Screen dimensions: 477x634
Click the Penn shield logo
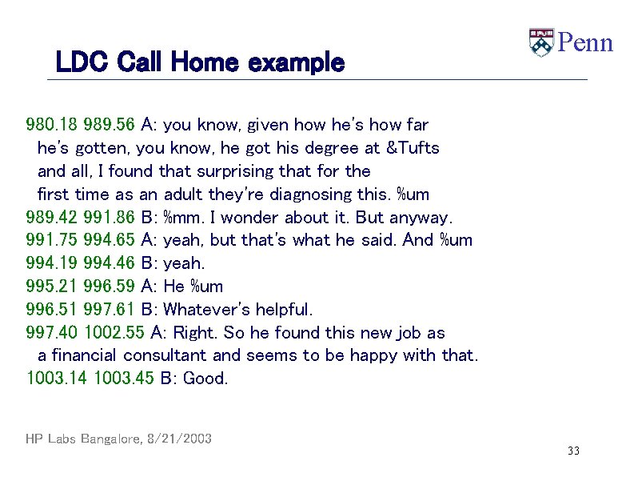click(541, 42)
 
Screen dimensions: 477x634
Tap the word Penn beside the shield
click(584, 42)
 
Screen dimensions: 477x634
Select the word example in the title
click(297, 62)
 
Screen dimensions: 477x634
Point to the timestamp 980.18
click(51, 125)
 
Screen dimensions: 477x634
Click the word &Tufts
click(413, 148)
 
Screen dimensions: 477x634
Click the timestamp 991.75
click(51, 240)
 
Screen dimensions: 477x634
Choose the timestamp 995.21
click(51, 287)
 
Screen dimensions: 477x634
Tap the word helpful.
click(285, 310)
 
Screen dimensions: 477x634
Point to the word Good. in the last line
click(206, 379)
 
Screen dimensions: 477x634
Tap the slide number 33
click(573, 451)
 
